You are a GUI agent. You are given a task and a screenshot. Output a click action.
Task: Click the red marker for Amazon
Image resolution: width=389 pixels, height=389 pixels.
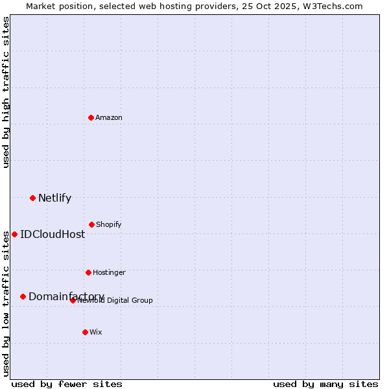[91, 117]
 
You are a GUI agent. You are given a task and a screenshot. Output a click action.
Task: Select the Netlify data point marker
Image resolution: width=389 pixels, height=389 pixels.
[32, 198]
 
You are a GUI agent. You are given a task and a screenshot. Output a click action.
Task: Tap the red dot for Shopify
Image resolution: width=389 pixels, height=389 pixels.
[91, 224]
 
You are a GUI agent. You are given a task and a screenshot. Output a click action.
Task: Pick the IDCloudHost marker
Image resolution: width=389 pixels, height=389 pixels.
[14, 234]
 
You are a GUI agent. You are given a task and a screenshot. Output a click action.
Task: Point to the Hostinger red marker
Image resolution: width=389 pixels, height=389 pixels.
[88, 272]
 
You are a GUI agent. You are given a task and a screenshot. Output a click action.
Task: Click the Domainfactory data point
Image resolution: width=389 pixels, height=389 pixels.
[23, 296]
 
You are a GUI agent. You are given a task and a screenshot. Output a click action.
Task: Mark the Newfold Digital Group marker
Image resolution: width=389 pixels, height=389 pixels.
[73, 300]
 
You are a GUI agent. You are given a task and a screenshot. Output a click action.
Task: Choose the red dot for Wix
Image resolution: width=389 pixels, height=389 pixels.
[85, 332]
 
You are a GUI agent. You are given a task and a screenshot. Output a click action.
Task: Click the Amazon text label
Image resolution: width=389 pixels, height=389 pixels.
[109, 117]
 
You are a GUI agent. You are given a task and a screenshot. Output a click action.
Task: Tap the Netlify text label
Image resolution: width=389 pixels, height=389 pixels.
[54, 198]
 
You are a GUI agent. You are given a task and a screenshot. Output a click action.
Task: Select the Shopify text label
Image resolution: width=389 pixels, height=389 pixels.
[109, 224]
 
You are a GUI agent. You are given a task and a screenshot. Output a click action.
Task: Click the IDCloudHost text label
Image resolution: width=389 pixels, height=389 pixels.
[53, 234]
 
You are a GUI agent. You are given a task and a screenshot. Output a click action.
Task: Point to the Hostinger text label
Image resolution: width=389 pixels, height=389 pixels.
[109, 272]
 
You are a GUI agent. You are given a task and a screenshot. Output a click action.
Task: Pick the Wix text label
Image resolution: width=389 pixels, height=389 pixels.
[96, 332]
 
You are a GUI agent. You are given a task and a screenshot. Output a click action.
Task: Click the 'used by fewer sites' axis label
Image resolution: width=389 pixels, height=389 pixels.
[67, 384]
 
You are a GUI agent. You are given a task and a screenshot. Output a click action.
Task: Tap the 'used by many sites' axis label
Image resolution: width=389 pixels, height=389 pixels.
[325, 384]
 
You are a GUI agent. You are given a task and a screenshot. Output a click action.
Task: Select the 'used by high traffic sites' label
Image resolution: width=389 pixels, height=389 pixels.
[6, 92]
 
